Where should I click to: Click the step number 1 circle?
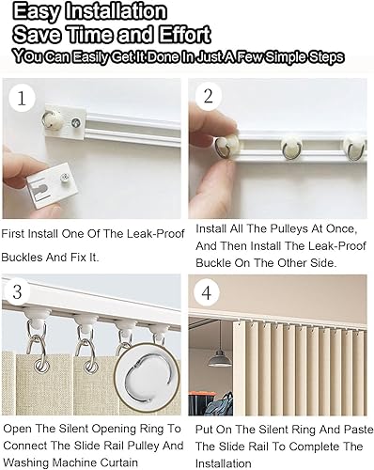22,98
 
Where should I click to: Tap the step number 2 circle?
209,96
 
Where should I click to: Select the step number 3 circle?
17,291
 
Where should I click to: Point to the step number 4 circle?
207,293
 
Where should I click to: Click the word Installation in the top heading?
116,11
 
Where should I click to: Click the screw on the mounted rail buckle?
75,122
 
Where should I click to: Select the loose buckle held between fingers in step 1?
53,185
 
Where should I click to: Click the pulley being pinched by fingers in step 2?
226,146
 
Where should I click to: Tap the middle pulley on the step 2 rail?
292,147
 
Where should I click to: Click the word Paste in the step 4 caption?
359,430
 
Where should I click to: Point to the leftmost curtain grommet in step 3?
41,366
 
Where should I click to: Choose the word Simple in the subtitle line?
286,57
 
